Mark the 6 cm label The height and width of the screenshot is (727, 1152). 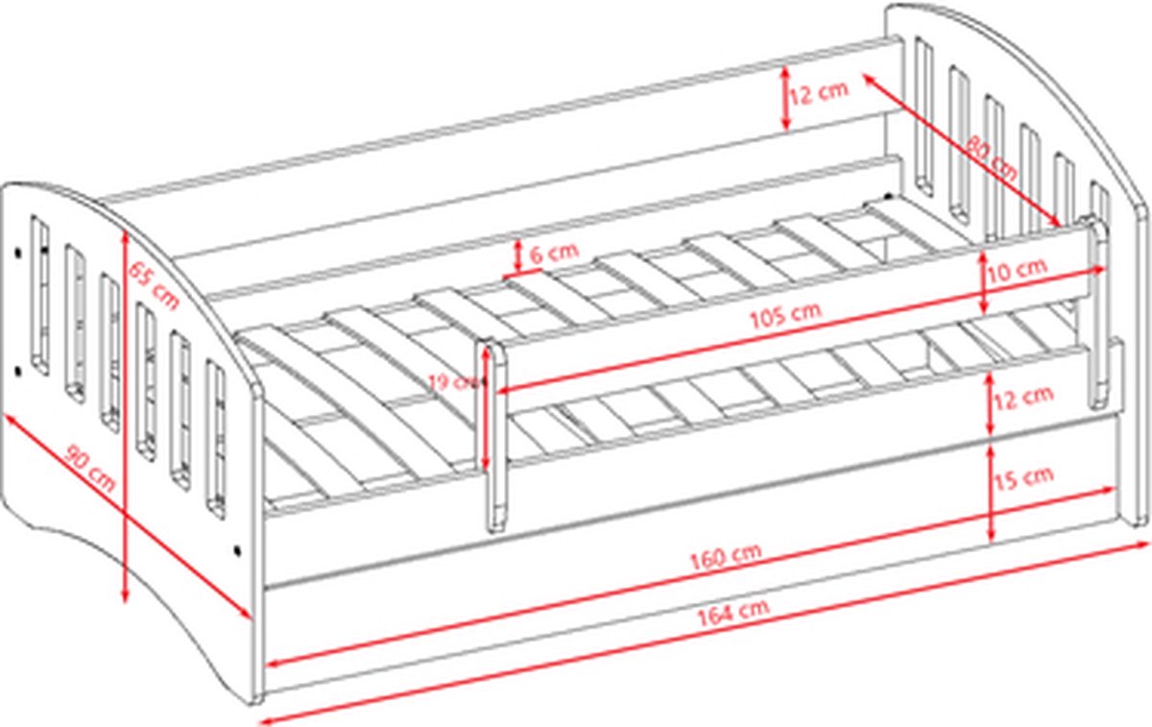coord(554,253)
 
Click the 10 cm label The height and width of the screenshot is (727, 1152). coord(1018,268)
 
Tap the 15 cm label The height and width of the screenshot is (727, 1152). coord(1024,476)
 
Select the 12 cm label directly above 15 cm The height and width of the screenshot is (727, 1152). coord(1024,395)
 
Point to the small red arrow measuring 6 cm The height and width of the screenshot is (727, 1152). coord(518,255)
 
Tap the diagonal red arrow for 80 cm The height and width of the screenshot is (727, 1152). coord(960,149)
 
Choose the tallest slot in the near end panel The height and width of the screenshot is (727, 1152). coord(39,293)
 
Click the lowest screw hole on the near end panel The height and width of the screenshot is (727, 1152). coord(236,551)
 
